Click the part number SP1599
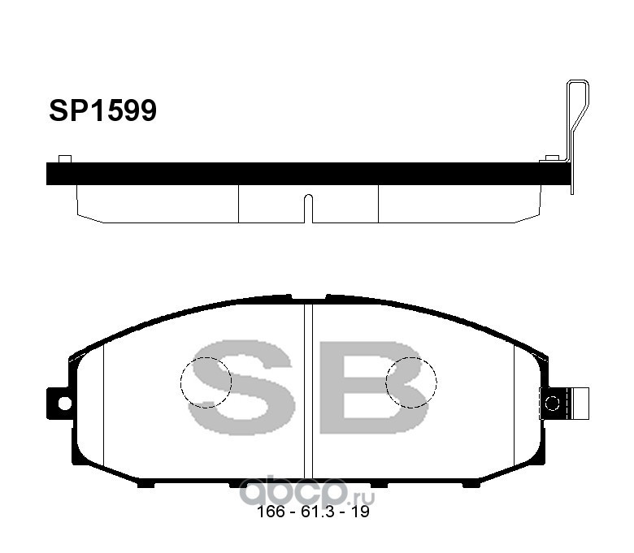coord(102,110)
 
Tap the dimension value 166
coord(271,512)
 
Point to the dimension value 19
coord(360,512)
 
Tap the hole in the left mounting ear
coord(64,403)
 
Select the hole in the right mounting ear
coord(553,403)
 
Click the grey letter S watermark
coord(240,387)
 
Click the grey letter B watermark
coord(374,387)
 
